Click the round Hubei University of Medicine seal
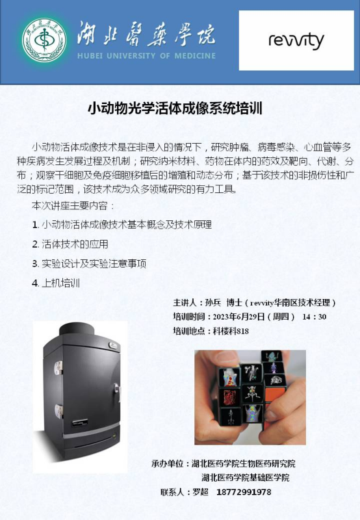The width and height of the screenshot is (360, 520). tap(44, 40)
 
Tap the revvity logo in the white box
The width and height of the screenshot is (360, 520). tap(296, 41)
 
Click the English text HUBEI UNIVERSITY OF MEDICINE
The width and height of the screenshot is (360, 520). tap(146, 56)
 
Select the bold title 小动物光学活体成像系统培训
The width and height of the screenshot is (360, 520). tap(175, 109)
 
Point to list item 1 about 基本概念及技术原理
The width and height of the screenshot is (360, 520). tap(122, 225)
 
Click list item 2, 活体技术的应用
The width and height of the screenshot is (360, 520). tap(70, 244)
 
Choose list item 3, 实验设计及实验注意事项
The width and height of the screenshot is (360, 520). tap(89, 264)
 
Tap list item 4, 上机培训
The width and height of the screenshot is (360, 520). tap(56, 283)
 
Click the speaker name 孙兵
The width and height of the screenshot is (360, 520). tap(213, 302)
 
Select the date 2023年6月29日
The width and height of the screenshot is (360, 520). tap(238, 317)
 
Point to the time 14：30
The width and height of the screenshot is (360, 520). tap(315, 317)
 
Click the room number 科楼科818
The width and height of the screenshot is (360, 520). tap(231, 331)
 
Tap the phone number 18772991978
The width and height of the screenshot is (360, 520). tap(244, 492)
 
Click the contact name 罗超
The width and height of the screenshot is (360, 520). tap(200, 492)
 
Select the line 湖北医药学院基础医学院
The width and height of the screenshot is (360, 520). tap(245, 478)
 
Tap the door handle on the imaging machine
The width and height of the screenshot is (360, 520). tap(117, 391)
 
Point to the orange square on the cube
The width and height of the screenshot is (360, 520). tap(275, 395)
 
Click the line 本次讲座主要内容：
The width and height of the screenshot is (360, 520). tap(73, 205)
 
